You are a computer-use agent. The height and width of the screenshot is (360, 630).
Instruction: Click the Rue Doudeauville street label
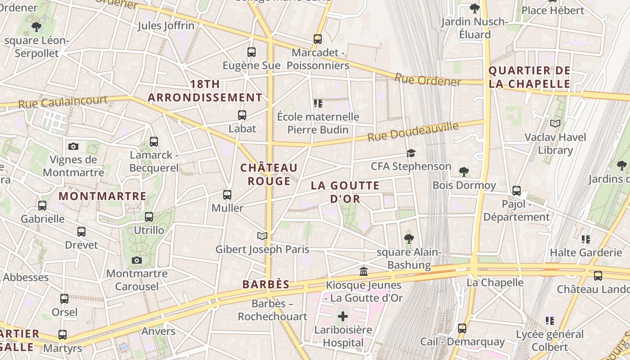pyautogui.click(x=413, y=131)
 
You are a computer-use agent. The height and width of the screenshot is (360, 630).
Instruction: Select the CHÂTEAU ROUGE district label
pyautogui.click(x=269, y=175)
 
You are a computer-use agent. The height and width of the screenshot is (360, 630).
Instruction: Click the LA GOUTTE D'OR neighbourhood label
pyautogui.click(x=345, y=192)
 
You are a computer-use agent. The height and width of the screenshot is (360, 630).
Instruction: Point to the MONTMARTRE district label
pyautogui.click(x=103, y=196)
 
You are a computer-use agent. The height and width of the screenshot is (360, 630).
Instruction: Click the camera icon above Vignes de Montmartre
pyautogui.click(x=73, y=146)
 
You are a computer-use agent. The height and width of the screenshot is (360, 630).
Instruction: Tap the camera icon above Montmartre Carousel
pyautogui.click(x=137, y=260)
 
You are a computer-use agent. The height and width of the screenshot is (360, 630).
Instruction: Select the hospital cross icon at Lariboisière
pyautogui.click(x=343, y=316)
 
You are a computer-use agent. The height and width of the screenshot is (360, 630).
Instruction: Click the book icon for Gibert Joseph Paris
pyautogui.click(x=262, y=236)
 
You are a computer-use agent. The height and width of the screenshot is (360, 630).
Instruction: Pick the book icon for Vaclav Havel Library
pyautogui.click(x=555, y=123)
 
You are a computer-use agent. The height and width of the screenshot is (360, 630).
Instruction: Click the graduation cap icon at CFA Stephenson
pyautogui.click(x=411, y=153)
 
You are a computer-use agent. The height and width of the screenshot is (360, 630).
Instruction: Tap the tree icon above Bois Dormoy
pyautogui.click(x=464, y=171)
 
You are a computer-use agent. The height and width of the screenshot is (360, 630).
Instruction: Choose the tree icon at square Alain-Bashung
pyautogui.click(x=409, y=238)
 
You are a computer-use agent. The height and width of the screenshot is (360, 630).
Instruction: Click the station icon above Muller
pyautogui.click(x=227, y=195)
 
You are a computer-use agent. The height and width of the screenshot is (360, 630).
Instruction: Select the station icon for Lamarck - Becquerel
pyautogui.click(x=154, y=142)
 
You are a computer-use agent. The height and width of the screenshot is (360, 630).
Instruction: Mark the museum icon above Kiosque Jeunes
pyautogui.click(x=364, y=271)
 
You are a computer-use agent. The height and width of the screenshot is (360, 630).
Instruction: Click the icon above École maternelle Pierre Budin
pyautogui.click(x=318, y=104)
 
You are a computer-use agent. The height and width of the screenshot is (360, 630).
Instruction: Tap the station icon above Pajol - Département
pyautogui.click(x=517, y=191)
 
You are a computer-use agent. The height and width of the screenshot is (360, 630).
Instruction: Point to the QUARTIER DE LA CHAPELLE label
pyautogui.click(x=529, y=77)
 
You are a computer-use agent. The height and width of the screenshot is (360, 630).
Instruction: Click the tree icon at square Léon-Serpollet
pyautogui.click(x=36, y=27)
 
